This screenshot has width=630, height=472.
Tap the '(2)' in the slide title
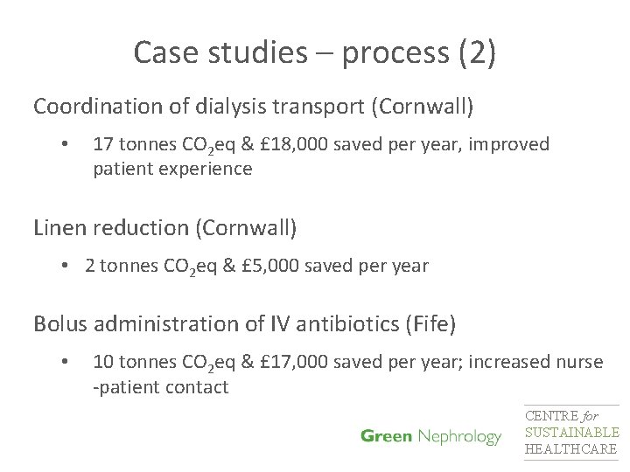[476, 54]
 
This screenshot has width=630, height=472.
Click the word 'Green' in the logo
[387, 436]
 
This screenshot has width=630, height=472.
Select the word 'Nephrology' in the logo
[459, 437]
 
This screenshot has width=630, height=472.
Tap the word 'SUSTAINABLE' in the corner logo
[571, 433]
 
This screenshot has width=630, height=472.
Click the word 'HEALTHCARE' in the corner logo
[570, 449]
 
